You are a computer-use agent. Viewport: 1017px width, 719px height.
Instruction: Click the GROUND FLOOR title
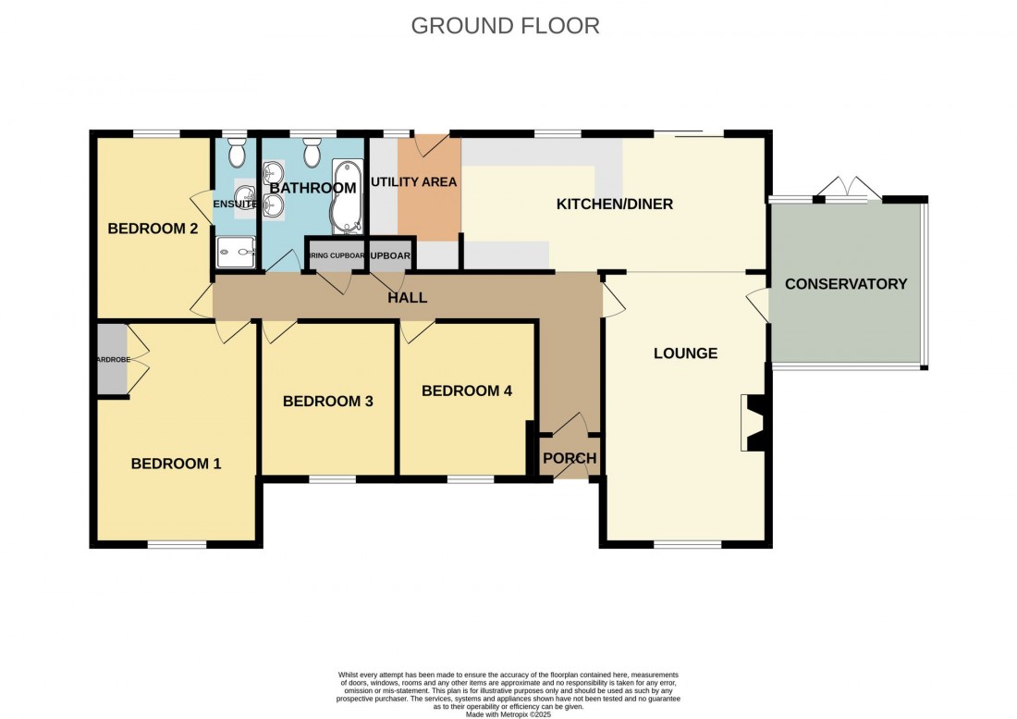[505, 25]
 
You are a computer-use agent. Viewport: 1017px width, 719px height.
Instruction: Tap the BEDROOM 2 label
[153, 229]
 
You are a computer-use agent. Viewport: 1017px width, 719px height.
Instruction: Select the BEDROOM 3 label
[327, 401]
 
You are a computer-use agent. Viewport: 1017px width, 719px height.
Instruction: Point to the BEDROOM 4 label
[466, 390]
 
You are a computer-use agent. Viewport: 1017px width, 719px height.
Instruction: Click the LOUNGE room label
[685, 353]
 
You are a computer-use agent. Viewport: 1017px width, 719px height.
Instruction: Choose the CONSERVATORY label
[845, 284]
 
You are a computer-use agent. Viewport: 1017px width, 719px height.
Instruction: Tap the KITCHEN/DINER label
[613, 204]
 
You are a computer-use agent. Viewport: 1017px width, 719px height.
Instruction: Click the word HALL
[408, 297]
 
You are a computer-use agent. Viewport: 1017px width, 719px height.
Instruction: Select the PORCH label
[569, 458]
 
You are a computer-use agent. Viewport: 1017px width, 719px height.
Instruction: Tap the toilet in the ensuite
[237, 151]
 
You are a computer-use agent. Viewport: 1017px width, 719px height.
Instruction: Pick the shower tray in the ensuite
[236, 250]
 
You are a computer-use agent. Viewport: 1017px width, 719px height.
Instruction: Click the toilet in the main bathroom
[312, 151]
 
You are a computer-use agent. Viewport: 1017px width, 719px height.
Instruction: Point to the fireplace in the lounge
[753, 423]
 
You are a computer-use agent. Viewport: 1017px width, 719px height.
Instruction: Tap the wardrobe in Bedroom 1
[111, 359]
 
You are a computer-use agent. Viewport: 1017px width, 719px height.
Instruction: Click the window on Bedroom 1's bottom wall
[177, 545]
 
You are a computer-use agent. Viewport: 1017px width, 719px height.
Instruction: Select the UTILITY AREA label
[413, 182]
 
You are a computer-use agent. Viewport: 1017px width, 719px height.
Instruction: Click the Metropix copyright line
[508, 714]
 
